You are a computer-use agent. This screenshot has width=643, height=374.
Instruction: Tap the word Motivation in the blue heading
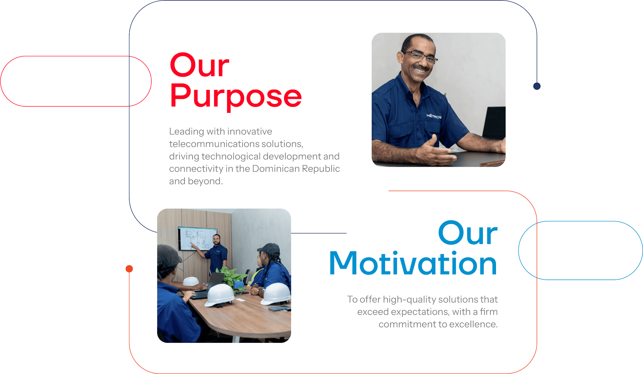(413, 264)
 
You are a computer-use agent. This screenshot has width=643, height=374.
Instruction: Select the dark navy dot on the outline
(537, 86)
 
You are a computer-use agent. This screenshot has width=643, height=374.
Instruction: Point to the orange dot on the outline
(129, 269)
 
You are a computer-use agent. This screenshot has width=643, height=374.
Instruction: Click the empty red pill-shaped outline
(76, 56)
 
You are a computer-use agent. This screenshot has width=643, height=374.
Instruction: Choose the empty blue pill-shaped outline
(580, 221)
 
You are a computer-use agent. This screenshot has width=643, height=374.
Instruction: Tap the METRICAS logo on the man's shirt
(434, 116)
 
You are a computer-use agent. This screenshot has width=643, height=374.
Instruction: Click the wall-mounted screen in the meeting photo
(198, 238)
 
